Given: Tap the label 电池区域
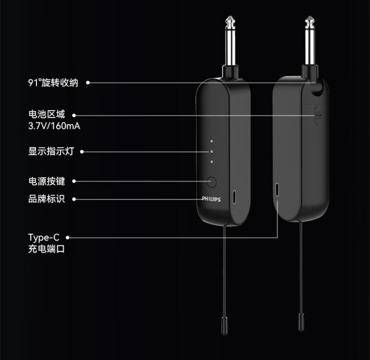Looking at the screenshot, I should [x=46, y=115].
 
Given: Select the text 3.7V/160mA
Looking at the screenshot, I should [x=54, y=126].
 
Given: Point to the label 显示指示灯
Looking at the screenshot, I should [x=51, y=151].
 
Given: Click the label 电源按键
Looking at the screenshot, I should [x=46, y=181].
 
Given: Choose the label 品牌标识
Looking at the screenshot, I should [x=46, y=199].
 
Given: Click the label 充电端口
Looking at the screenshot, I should [x=46, y=249].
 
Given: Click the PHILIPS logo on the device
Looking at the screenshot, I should [x=211, y=199].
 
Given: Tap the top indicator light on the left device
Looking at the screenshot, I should [x=211, y=141].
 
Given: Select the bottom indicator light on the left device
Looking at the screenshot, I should [x=211, y=161].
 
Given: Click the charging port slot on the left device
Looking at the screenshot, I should [x=234, y=196].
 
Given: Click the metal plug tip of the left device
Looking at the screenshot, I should [x=229, y=22].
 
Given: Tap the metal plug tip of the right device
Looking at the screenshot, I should [x=310, y=22].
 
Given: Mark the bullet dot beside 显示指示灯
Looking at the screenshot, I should [x=82, y=152].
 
